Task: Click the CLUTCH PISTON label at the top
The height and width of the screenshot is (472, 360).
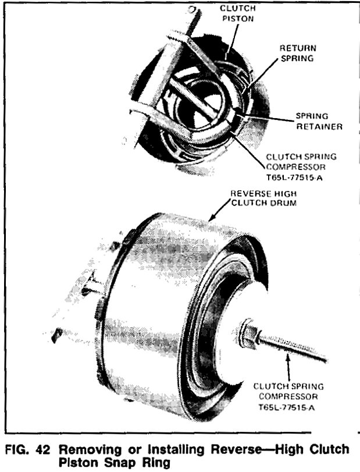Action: click(x=238, y=13)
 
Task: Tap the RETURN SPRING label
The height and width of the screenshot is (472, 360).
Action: click(x=298, y=53)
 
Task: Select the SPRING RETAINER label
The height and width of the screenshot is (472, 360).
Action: click(x=319, y=121)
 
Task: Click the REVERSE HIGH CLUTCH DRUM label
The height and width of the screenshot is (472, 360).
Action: click(x=263, y=198)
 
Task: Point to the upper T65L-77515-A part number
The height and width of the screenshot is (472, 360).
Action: click(x=294, y=178)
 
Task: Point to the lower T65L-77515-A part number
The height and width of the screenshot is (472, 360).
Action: click(x=287, y=408)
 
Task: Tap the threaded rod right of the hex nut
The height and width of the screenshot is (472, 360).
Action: click(x=293, y=347)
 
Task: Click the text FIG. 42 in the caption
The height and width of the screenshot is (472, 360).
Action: click(x=28, y=450)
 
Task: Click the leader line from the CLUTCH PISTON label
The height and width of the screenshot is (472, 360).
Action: click(x=233, y=38)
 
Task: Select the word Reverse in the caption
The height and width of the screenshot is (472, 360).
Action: click(x=236, y=450)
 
